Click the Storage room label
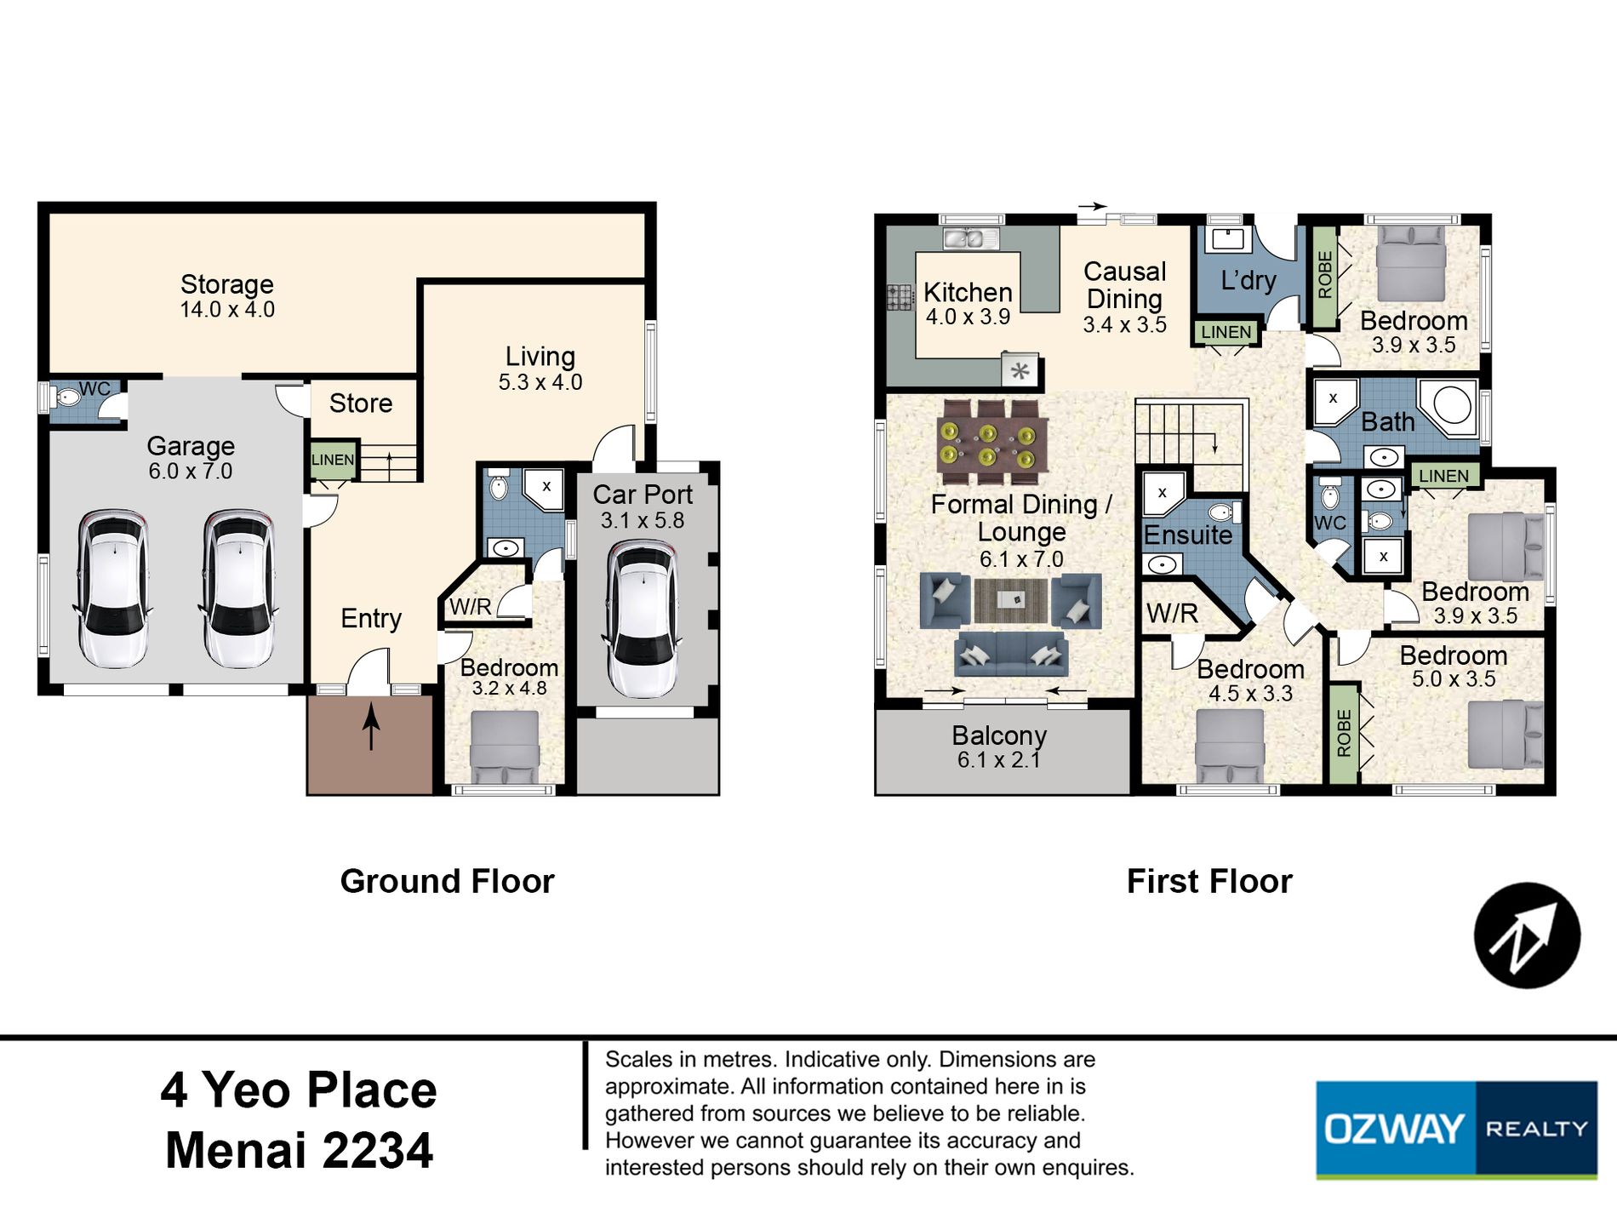pos(227,284)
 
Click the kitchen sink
pos(970,238)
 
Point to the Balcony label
pos(999,735)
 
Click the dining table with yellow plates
pos(988,443)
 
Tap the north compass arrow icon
pos(1528,935)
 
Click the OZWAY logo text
pos(1394,1130)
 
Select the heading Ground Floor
pos(447,881)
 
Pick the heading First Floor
pos(1209,881)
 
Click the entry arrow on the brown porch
pos(371,726)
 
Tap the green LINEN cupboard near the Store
pos(333,460)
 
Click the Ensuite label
pos(1188,535)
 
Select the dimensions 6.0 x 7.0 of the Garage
pos(191,471)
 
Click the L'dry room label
pos(1248,280)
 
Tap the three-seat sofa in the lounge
pos(1011,653)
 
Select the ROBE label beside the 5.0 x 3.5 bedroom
pos(1344,733)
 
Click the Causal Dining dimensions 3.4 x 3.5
pos(1124,324)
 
